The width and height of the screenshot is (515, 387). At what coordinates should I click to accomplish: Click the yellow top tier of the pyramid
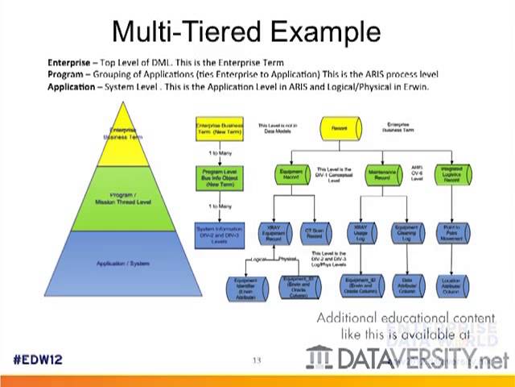point(122,133)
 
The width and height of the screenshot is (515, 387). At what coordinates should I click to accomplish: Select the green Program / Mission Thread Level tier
point(122,198)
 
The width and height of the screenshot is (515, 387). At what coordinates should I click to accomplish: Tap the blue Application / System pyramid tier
point(122,263)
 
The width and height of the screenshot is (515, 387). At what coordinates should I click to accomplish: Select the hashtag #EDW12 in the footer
point(38,359)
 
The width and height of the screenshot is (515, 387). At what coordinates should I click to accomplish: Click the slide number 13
point(257,360)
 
